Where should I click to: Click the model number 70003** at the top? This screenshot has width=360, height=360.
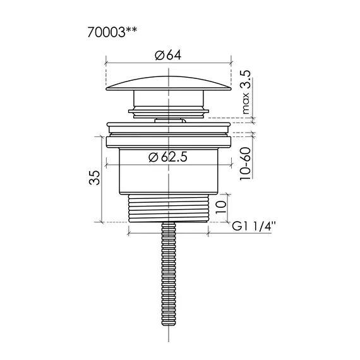point(112,32)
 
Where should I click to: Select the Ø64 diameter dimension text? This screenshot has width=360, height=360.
point(168,56)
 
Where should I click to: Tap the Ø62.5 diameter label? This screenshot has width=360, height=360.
point(168,157)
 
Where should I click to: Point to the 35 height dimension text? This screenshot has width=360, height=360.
point(95,177)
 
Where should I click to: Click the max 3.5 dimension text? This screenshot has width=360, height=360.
point(246,92)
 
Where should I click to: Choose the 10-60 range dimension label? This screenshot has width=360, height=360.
point(245,164)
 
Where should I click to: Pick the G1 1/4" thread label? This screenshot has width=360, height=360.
point(253,227)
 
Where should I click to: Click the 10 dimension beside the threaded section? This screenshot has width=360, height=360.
point(221,207)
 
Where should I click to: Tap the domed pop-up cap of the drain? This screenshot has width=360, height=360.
point(169,83)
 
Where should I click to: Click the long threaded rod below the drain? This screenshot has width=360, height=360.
point(169,273)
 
